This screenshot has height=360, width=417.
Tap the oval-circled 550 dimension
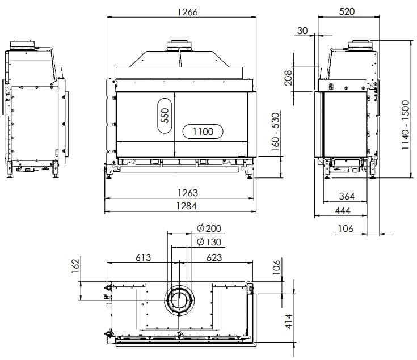(165, 116)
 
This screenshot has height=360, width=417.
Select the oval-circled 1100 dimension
(203, 132)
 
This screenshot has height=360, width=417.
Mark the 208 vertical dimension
(288, 77)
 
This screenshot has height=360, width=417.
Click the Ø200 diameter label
(209, 228)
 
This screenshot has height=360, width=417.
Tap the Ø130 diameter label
(209, 243)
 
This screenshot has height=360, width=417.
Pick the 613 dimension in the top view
(144, 257)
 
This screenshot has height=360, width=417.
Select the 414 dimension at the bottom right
(288, 321)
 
